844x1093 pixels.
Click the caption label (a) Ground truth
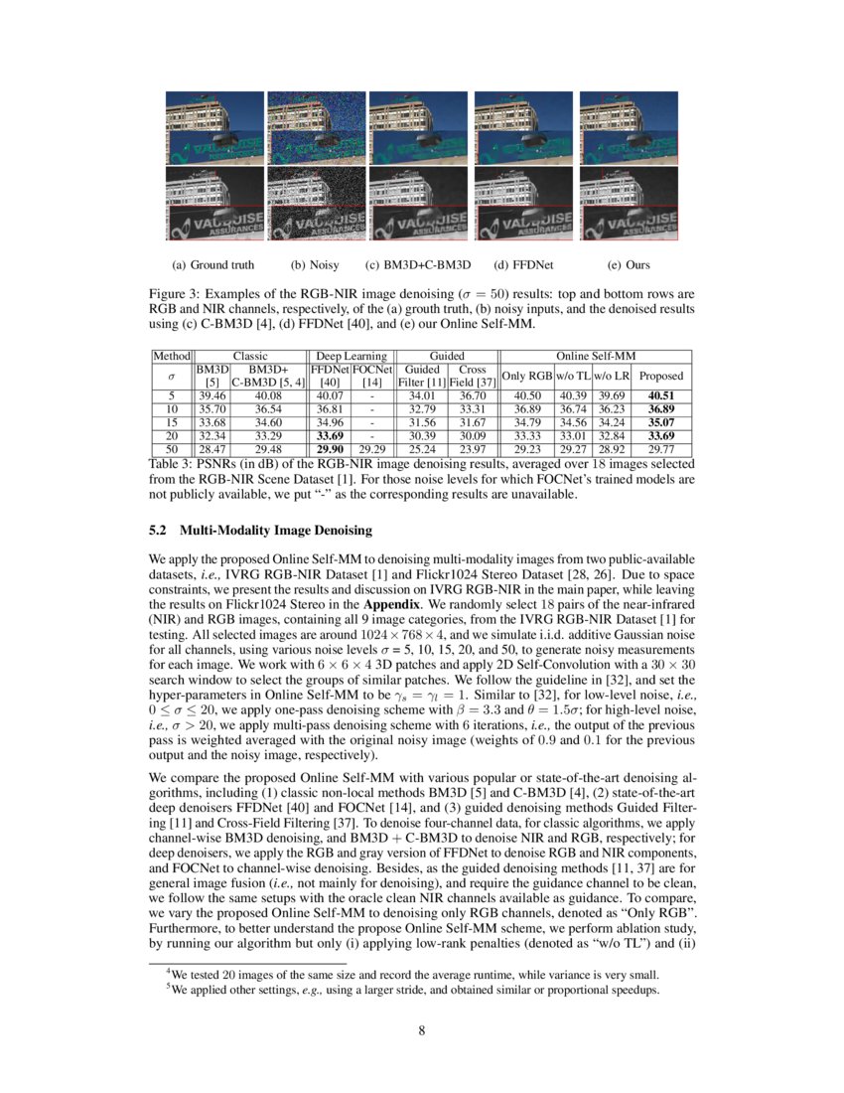tap(212, 265)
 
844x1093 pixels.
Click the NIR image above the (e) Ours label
tap(628, 204)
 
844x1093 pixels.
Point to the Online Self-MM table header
tap(594, 354)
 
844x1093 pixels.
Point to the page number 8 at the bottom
tap(422, 1030)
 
